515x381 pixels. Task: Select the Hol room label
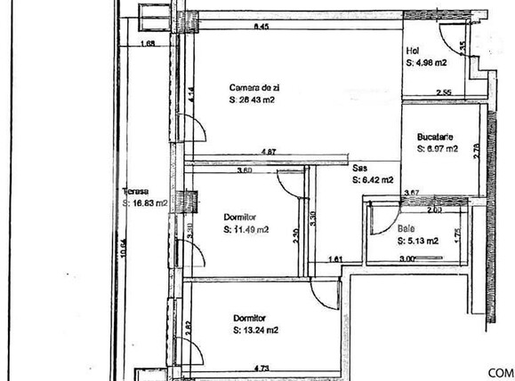coord(412,51)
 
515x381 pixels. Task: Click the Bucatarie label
coord(436,137)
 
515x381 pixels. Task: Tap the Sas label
coord(359,167)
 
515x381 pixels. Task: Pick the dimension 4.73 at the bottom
coord(262,367)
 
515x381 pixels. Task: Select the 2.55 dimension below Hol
coord(444,92)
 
